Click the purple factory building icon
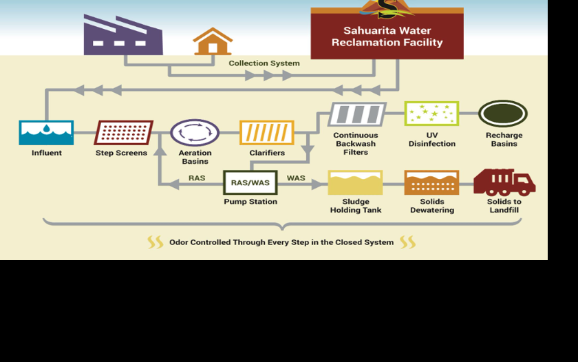[x=122, y=36]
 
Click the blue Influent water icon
[x=46, y=132]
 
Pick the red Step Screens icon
[x=124, y=132]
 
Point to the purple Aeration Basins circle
[x=195, y=132]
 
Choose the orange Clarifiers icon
[x=266, y=132]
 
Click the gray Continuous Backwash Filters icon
[x=356, y=114]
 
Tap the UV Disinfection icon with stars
[x=431, y=114]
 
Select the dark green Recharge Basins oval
[x=503, y=114]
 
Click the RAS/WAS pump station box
[x=250, y=182]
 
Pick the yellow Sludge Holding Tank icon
[x=355, y=182]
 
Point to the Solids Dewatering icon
[x=431, y=182]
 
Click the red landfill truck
[x=504, y=182]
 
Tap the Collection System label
[x=264, y=63]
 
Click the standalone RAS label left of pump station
[x=197, y=178]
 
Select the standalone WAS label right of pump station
[x=296, y=178]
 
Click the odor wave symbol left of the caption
[x=156, y=242]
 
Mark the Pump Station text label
[x=250, y=202]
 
